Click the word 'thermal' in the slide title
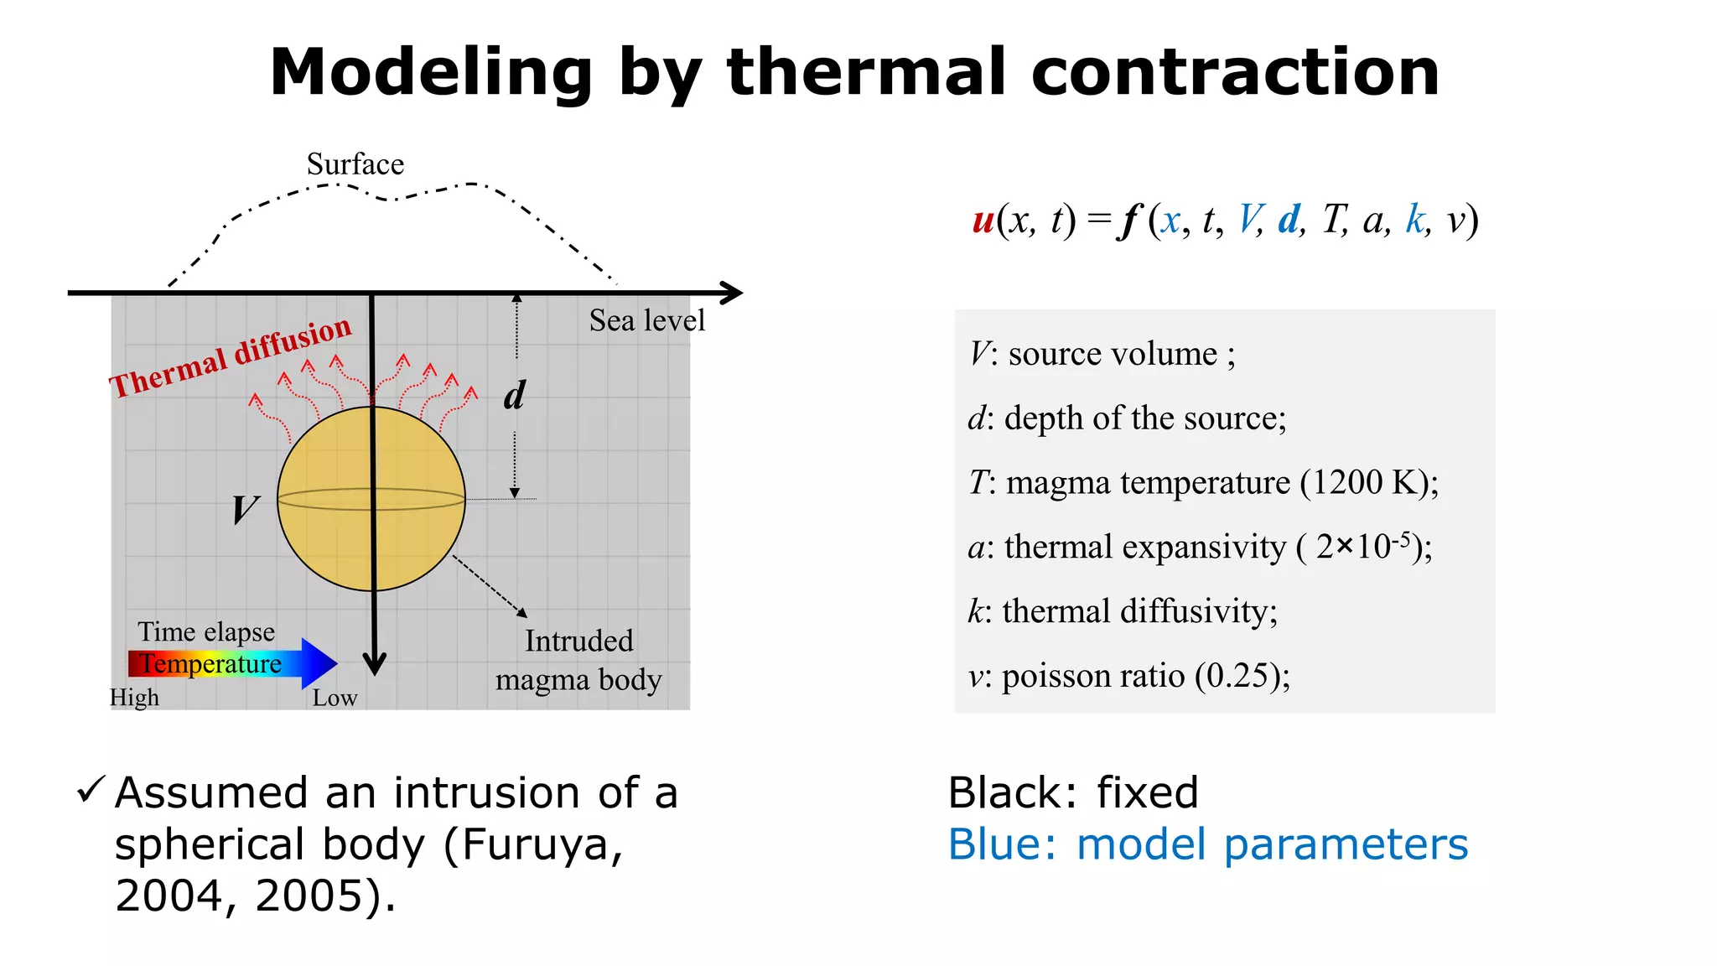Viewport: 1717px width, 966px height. (x=866, y=72)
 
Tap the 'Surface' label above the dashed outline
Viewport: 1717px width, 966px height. (x=355, y=164)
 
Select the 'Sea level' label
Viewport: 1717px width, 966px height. (x=646, y=320)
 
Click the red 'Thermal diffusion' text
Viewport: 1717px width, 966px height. (x=231, y=356)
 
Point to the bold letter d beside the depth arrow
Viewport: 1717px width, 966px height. (x=515, y=395)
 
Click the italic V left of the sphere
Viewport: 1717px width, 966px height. (x=245, y=509)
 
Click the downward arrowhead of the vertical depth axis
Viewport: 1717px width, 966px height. (x=375, y=663)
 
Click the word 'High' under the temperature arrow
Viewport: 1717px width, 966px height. (x=134, y=698)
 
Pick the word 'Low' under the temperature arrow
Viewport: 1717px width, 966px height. (x=335, y=698)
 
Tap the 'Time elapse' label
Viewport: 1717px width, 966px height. (x=206, y=631)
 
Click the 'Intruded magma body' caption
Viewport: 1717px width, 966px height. (x=578, y=660)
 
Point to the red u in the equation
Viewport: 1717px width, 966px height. (x=983, y=221)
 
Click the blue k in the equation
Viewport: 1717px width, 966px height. (x=1415, y=221)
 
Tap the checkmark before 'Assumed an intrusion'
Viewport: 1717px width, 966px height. (x=90, y=790)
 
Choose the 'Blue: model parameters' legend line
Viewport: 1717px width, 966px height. (x=1207, y=844)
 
